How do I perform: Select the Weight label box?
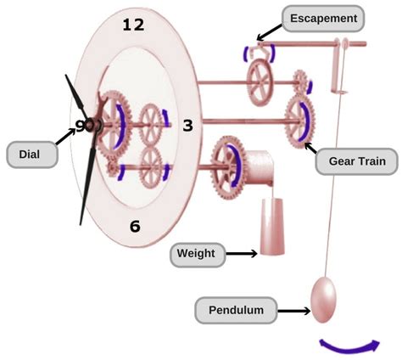pyautogui.click(x=197, y=253)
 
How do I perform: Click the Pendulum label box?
pyautogui.click(x=237, y=311)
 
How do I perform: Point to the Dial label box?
pyautogui.click(x=28, y=155)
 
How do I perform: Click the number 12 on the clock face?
pyautogui.click(x=133, y=25)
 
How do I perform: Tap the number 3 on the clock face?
pyautogui.click(x=188, y=126)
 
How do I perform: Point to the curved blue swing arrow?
pyautogui.click(x=349, y=344)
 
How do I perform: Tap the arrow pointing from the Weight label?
pyautogui.click(x=241, y=253)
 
